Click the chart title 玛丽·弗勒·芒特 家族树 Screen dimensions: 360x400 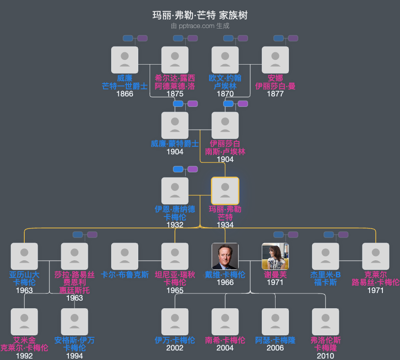[x=200, y=15]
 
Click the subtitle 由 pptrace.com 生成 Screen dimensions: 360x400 [x=200, y=26]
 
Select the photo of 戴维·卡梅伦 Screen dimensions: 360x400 [x=225, y=256]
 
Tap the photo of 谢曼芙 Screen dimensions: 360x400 [x=275, y=256]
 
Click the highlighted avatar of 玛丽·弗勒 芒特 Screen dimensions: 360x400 [x=225, y=191]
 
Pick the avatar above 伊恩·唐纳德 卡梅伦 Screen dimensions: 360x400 [x=175, y=191]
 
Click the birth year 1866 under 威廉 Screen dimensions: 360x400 [x=124, y=94]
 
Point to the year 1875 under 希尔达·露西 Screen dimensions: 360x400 [x=175, y=94]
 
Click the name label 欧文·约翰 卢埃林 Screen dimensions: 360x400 [x=225, y=82]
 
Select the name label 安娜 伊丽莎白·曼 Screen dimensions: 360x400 [x=275, y=82]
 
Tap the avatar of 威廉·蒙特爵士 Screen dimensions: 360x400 [x=175, y=125]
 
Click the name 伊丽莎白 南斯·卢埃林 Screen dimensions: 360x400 [x=225, y=148]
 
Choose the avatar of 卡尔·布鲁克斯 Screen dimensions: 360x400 [x=124, y=256]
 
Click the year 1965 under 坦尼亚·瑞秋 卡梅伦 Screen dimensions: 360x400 [x=175, y=290]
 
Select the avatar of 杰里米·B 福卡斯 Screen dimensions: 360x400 [x=325, y=256]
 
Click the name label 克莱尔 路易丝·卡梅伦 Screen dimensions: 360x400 [x=375, y=278]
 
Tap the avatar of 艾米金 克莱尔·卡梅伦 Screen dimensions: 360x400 [x=24, y=322]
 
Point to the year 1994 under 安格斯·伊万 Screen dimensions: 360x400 [x=75, y=356]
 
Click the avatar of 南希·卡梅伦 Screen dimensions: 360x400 [x=225, y=322]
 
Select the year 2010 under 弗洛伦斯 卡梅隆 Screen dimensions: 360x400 [x=325, y=356]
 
